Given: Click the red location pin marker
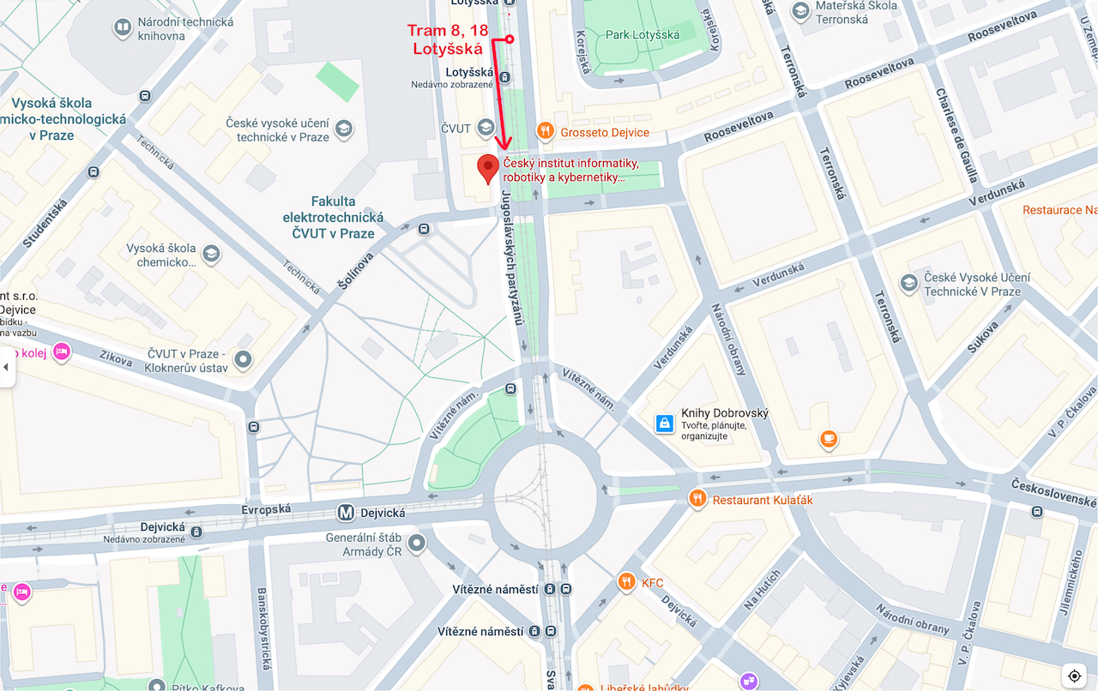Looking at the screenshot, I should point(488,169).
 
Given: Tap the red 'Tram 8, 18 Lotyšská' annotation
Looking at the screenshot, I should point(447,40).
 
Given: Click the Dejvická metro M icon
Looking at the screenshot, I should point(346,513).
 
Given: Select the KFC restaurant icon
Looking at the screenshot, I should point(626,583).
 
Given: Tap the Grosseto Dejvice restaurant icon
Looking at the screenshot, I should point(545,132).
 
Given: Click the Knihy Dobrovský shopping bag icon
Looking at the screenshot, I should point(664,423).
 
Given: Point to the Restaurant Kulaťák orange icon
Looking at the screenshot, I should point(698,499).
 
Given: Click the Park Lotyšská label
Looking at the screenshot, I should point(643,34).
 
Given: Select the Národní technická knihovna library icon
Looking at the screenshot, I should point(123,28).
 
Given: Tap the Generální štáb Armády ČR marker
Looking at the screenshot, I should point(417,543).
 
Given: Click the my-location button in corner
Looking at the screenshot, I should point(1074,676).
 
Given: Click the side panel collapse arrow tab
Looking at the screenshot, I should point(6,367).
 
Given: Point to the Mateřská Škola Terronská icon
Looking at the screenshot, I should point(800,11).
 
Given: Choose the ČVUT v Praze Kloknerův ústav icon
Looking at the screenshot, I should point(244,360).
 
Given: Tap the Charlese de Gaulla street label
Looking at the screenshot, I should point(957,135).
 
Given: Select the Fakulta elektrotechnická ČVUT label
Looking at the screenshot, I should point(334,217).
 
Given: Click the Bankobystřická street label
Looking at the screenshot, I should point(263,631).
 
